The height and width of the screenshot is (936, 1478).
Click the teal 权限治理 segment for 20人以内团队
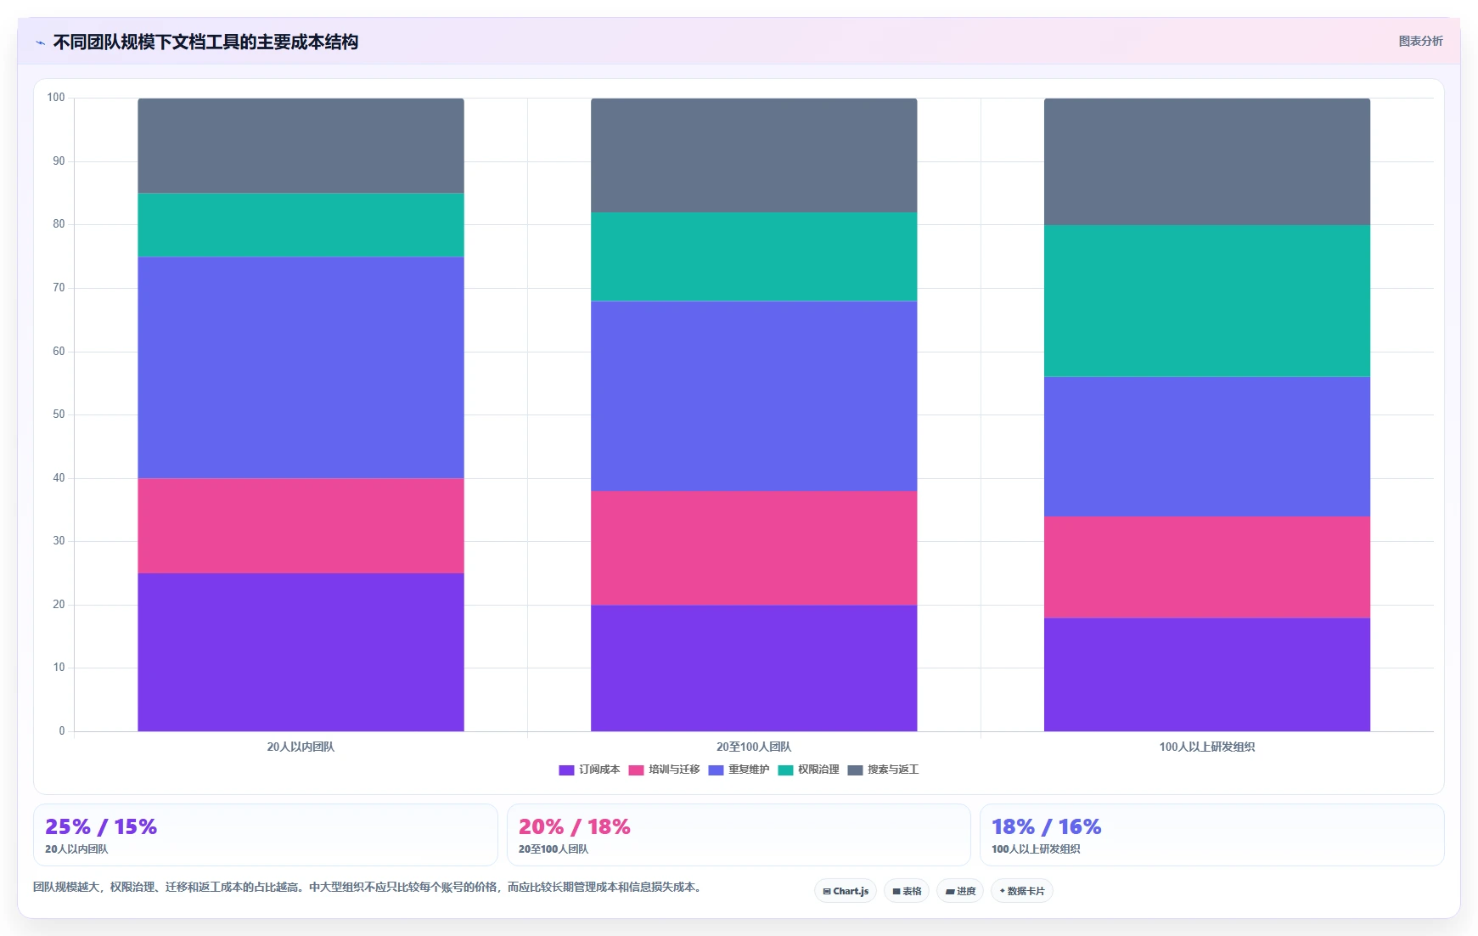click(301, 225)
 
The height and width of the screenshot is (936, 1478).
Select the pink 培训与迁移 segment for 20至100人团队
click(754, 548)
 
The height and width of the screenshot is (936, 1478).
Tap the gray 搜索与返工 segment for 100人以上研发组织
click(1207, 161)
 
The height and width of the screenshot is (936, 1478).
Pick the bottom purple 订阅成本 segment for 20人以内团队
click(301, 652)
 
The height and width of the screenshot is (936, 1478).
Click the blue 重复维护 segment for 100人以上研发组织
click(1207, 447)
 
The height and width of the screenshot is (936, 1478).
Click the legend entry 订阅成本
click(589, 770)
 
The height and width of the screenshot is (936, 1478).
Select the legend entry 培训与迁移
click(664, 770)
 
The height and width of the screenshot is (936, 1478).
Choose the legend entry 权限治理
click(808, 770)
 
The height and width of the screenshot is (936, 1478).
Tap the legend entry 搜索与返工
click(883, 770)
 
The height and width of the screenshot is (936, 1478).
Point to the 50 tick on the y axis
click(59, 414)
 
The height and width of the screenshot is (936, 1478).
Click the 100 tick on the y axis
click(56, 98)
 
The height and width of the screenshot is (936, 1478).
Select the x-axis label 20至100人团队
click(754, 747)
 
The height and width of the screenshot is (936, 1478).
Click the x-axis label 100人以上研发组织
click(1207, 747)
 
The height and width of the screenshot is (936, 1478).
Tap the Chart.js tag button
click(846, 891)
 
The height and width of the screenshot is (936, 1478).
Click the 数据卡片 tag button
click(1022, 891)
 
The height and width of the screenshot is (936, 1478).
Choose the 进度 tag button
click(960, 891)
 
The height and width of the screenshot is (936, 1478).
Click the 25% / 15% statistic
click(101, 827)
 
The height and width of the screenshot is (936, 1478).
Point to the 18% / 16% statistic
click(1047, 827)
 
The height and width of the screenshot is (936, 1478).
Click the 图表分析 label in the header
click(1420, 41)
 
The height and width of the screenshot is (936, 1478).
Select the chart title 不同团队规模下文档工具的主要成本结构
click(205, 42)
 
